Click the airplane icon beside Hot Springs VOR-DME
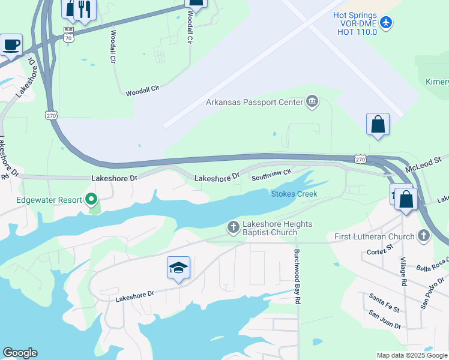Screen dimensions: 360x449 [x=386, y=23]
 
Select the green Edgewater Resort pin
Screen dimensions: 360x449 [x=91, y=199]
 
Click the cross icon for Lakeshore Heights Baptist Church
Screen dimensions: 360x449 [x=233, y=227]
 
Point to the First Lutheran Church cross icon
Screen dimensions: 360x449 [x=424, y=236]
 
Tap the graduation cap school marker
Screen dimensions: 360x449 [x=179, y=268]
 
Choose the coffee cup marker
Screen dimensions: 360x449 [x=11, y=45]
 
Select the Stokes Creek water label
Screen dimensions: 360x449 [x=294, y=194]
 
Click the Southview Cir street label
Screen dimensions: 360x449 [x=271, y=175]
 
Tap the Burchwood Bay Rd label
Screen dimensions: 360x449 [x=297, y=277]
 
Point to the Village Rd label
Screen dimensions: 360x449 [x=405, y=272]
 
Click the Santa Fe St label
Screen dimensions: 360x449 [x=384, y=301]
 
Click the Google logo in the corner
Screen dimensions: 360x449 [x=20, y=353]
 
